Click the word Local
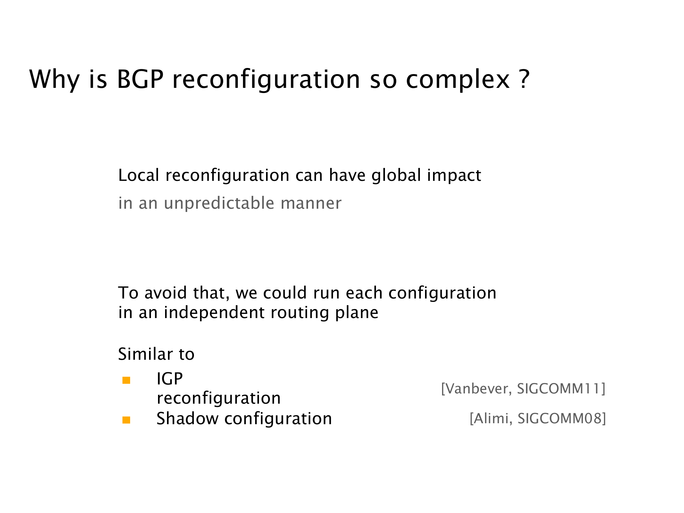(x=139, y=175)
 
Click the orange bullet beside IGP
(x=126, y=380)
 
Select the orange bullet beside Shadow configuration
(x=126, y=420)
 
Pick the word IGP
(x=170, y=379)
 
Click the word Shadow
(x=187, y=419)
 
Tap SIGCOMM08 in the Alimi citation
(x=560, y=418)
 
